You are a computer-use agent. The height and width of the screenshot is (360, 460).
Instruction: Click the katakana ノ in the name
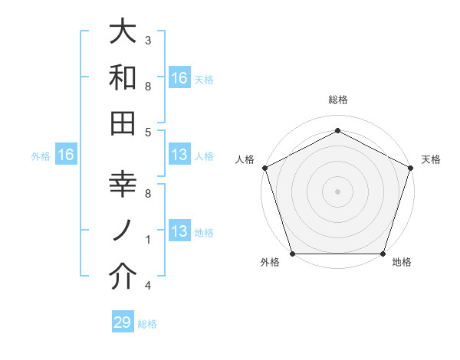coord(123,231)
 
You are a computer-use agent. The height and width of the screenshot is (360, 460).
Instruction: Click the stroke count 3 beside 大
coord(147,39)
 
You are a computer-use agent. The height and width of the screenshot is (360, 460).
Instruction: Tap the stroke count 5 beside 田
coord(147,132)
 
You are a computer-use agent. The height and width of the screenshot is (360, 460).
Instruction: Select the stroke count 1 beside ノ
coord(147,240)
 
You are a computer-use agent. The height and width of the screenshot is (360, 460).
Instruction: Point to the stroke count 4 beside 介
coord(147,286)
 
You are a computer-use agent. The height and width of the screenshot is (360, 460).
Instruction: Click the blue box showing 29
coord(123,322)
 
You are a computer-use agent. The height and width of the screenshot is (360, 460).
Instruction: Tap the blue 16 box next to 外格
coord(66,155)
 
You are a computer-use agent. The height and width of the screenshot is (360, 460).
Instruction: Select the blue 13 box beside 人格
coord(179,155)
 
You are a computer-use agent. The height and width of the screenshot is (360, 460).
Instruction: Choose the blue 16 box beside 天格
coord(179,77)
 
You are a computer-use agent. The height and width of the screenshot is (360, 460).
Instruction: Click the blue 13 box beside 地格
coord(179,231)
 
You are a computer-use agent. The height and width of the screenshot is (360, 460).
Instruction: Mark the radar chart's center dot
coord(337,191)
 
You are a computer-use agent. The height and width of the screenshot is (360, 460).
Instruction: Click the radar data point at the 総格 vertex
coord(337,130)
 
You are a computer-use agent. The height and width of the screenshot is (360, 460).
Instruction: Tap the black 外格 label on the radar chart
coord(270,263)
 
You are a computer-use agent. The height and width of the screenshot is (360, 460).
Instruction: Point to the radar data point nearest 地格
coord(383,254)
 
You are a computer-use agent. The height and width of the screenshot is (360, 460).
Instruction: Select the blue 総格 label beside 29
coord(148,324)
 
